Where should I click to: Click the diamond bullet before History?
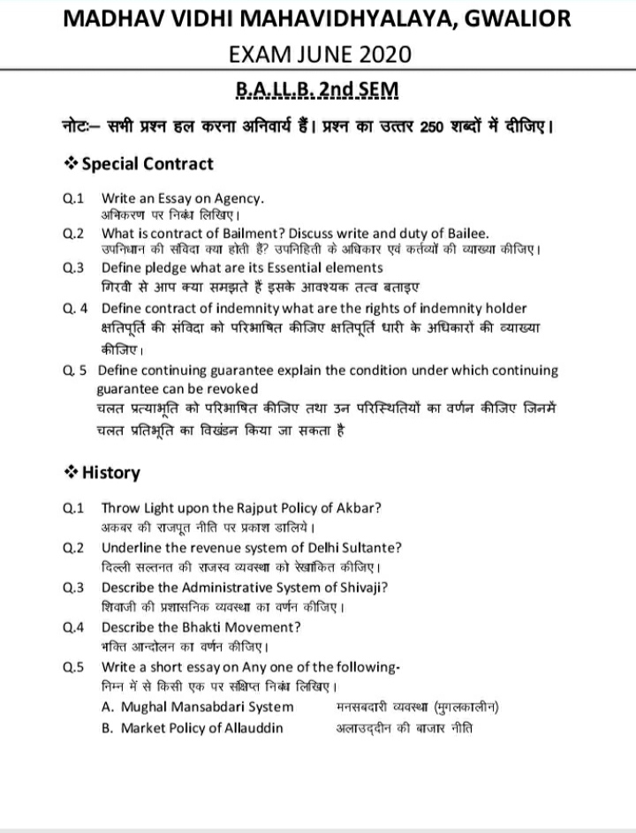click(x=70, y=473)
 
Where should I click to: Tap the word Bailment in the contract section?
click(x=252, y=233)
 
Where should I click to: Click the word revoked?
click(x=232, y=388)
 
